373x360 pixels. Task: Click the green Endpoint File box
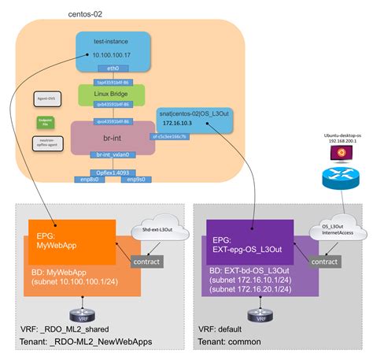[45, 121]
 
